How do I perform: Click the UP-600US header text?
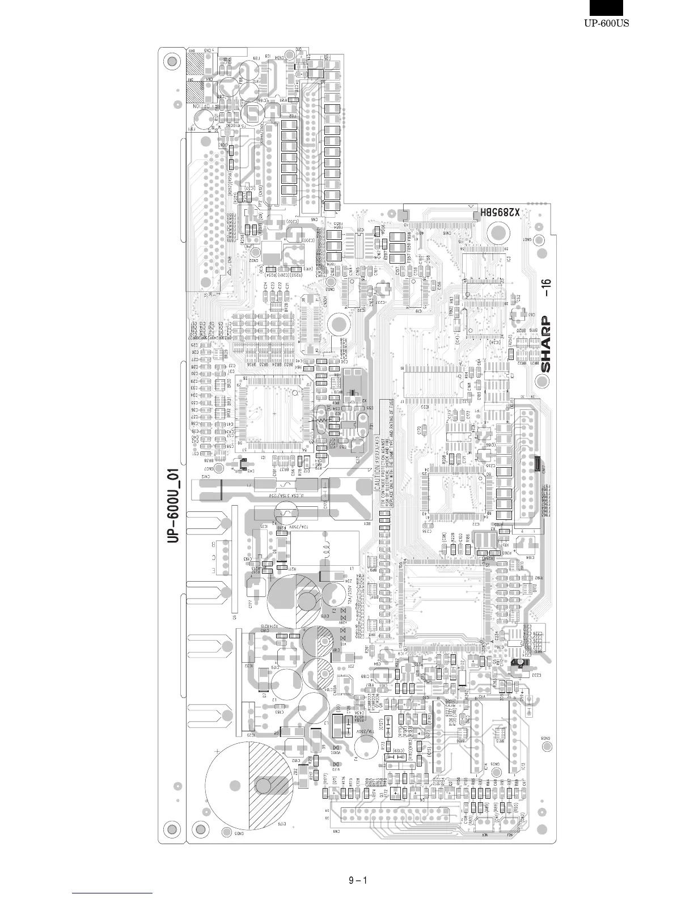click(607, 24)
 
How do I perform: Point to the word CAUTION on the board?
click(377, 476)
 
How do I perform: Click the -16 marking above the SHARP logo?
click(545, 289)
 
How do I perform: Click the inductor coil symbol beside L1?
click(327, 550)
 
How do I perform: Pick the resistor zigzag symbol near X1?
click(320, 420)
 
